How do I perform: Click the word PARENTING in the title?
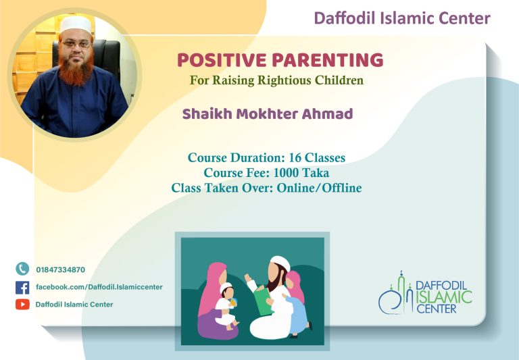click(327, 60)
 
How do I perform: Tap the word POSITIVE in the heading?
click(222, 60)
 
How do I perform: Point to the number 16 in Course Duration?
click(295, 157)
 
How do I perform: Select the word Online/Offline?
click(319, 188)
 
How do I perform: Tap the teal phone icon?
click(22, 269)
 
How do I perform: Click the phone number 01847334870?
click(61, 269)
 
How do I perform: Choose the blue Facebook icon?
click(22, 288)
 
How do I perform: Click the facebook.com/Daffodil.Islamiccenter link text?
click(99, 287)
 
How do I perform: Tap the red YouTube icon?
click(22, 305)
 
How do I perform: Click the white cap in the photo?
click(76, 24)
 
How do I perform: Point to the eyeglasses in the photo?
click(76, 43)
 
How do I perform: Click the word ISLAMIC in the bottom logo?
click(443, 297)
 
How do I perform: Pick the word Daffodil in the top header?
click(345, 18)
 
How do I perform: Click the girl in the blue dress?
click(296, 305)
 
